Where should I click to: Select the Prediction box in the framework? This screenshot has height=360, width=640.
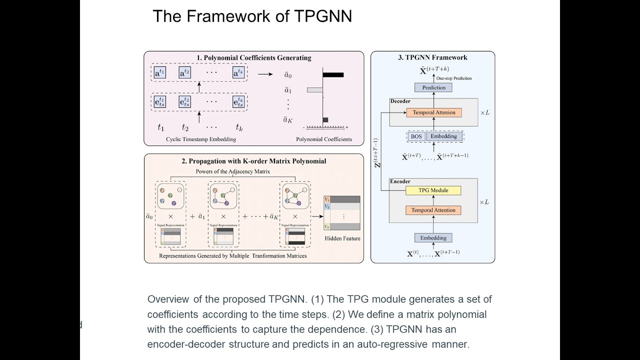point(433,87)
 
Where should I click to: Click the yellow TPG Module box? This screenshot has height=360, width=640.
point(433,190)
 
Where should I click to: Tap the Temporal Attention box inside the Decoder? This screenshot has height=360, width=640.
point(433,112)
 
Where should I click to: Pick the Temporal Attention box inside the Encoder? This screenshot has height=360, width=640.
point(433,210)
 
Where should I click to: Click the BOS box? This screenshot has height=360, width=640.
point(416,136)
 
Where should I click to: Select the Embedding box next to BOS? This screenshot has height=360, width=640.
point(444,136)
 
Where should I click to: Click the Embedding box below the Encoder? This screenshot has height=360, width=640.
point(433,238)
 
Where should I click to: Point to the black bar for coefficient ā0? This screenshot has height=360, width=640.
point(333,75)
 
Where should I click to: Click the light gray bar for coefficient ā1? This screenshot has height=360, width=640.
point(314,90)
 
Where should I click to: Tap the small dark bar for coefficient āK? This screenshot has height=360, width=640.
point(325,119)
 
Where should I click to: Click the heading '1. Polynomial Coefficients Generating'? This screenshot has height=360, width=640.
point(253,58)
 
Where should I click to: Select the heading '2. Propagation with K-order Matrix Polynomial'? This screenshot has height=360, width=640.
point(253,161)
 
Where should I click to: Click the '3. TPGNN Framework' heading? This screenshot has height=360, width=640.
point(432,57)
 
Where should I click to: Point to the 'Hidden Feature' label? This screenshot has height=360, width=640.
point(342,238)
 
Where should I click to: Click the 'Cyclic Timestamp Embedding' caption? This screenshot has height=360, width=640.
point(201,139)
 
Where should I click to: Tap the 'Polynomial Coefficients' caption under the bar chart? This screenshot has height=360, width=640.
point(324,139)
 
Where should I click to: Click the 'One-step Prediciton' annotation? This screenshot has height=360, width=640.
point(454,78)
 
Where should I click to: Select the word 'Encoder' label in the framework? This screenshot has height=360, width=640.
point(400,181)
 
